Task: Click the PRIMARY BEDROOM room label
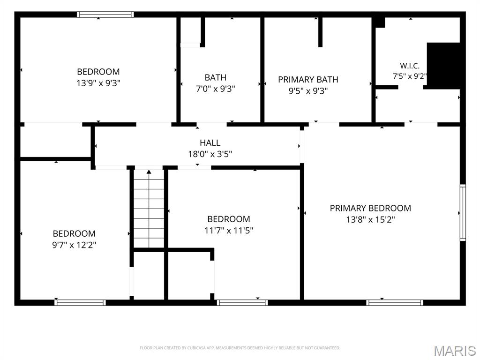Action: [370, 208]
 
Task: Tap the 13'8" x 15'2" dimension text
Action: [370, 219]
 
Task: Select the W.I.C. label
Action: [410, 66]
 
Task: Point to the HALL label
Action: [210, 142]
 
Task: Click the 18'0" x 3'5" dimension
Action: [210, 154]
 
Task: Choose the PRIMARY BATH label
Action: [308, 80]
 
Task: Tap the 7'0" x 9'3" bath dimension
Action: [216, 89]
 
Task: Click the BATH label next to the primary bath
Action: [216, 77]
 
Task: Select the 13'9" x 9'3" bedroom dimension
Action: [98, 83]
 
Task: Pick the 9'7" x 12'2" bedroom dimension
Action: [74, 245]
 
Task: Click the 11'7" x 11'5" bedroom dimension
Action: [229, 230]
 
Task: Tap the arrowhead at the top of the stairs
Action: [149, 172]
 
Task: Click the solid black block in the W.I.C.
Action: [443, 66]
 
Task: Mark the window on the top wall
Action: [105, 15]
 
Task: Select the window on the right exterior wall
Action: [463, 212]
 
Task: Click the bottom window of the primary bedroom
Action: [395, 303]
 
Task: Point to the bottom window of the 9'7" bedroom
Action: [80, 303]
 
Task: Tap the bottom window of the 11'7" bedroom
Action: [242, 303]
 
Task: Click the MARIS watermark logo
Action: [455, 351]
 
